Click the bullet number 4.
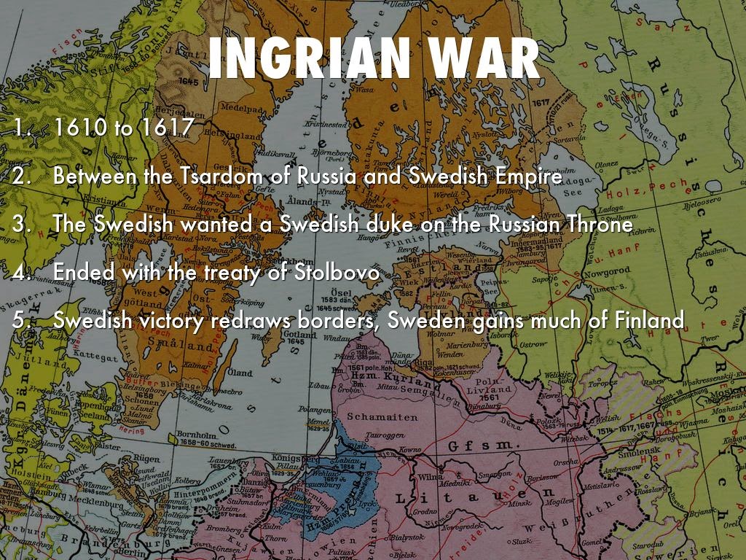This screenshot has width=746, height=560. [20, 273]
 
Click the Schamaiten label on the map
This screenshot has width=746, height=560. [382, 417]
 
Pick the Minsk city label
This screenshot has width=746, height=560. [518, 502]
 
